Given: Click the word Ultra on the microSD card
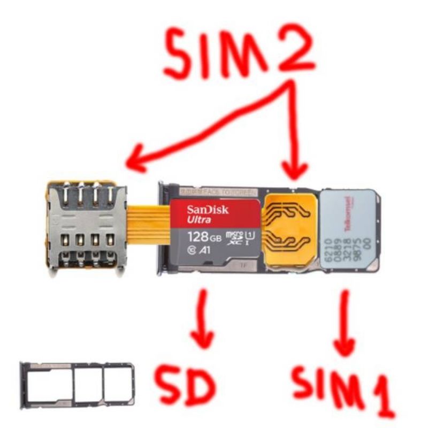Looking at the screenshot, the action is coord(199,220).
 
